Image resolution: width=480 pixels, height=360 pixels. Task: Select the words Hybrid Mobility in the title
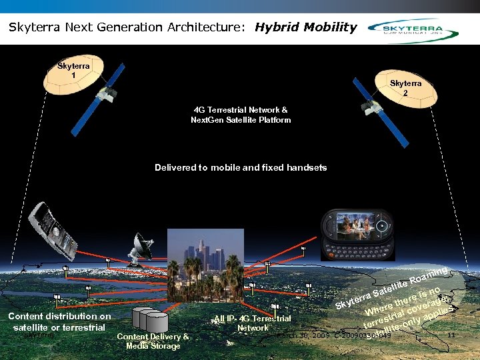tap(306, 27)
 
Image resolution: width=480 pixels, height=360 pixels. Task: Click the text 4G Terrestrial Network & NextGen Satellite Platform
tap(241, 115)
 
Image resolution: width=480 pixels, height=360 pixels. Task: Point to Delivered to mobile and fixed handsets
tap(241, 167)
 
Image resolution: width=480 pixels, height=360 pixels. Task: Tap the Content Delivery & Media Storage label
tap(153, 341)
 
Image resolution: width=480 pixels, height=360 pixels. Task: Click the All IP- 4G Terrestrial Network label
tap(253, 323)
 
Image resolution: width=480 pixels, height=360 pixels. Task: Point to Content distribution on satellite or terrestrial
tap(59, 321)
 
